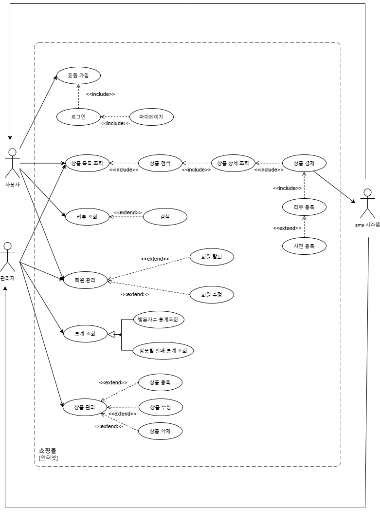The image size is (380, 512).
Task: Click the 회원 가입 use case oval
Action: (78, 76)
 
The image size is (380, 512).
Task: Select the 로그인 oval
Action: (78, 117)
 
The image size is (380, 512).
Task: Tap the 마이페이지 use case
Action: (151, 117)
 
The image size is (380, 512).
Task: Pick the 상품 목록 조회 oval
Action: (87, 163)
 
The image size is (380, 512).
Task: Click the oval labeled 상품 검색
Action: (160, 163)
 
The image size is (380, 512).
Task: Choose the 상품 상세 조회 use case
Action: (233, 163)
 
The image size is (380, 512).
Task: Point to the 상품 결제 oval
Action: (304, 163)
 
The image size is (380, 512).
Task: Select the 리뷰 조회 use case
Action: (87, 217)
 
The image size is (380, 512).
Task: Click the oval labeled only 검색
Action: (165, 217)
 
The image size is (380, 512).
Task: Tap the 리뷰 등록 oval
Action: (304, 207)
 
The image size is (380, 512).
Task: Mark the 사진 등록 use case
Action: (304, 246)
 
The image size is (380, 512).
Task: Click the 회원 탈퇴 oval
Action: (212, 257)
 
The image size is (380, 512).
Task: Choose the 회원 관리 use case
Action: (85, 280)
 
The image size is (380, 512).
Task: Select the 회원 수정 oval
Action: (212, 295)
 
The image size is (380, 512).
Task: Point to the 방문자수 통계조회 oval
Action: (159, 320)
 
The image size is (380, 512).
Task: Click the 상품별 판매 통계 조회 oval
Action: (163, 351)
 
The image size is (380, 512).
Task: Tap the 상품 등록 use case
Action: (160, 382)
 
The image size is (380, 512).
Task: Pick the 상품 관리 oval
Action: (85, 407)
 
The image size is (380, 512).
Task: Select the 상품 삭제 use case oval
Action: (160, 431)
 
